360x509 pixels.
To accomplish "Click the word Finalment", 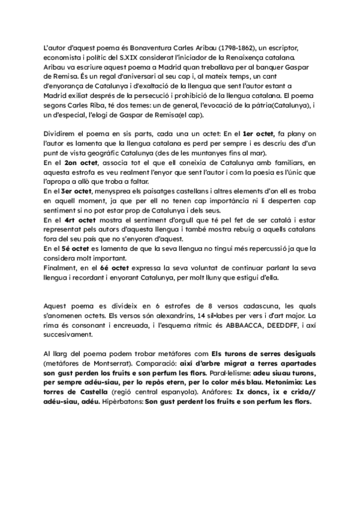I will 62,269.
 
